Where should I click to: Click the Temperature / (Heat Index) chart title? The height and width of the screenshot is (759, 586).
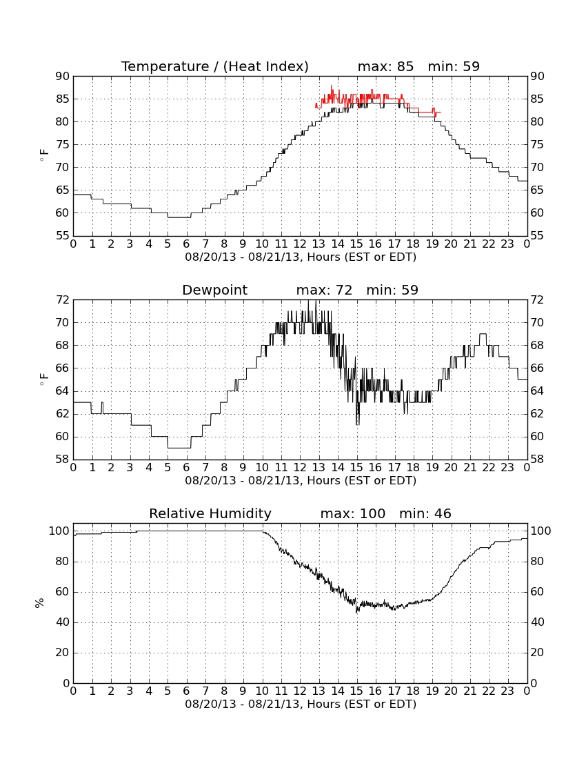pos(214,66)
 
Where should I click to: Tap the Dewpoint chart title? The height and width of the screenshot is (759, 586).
pos(214,290)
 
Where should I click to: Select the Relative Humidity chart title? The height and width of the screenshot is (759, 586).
pos(210,513)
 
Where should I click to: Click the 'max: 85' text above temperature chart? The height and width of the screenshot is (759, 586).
pos(386,66)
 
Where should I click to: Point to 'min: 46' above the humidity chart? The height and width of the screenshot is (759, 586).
pos(425,513)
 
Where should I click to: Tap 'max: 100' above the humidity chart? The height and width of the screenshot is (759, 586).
pos(353,513)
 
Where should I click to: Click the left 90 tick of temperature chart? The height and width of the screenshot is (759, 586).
pos(63,77)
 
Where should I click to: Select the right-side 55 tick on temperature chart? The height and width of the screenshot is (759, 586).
pos(537,236)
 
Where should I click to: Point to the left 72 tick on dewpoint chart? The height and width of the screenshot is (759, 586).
pos(63,300)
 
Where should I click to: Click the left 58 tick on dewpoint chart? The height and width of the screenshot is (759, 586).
pos(63,460)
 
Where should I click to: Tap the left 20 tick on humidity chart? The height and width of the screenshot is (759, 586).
pos(63,653)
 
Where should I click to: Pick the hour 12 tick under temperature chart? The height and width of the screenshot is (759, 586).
pos(301,244)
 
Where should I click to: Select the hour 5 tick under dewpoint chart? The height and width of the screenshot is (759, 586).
pos(168,468)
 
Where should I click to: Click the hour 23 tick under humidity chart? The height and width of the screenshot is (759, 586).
pos(507,691)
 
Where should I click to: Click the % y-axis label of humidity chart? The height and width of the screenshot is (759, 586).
pos(40,603)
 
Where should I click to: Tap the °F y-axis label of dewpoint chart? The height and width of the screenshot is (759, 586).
pos(43,379)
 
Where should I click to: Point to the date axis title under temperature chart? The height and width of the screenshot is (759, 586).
pos(301,257)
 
